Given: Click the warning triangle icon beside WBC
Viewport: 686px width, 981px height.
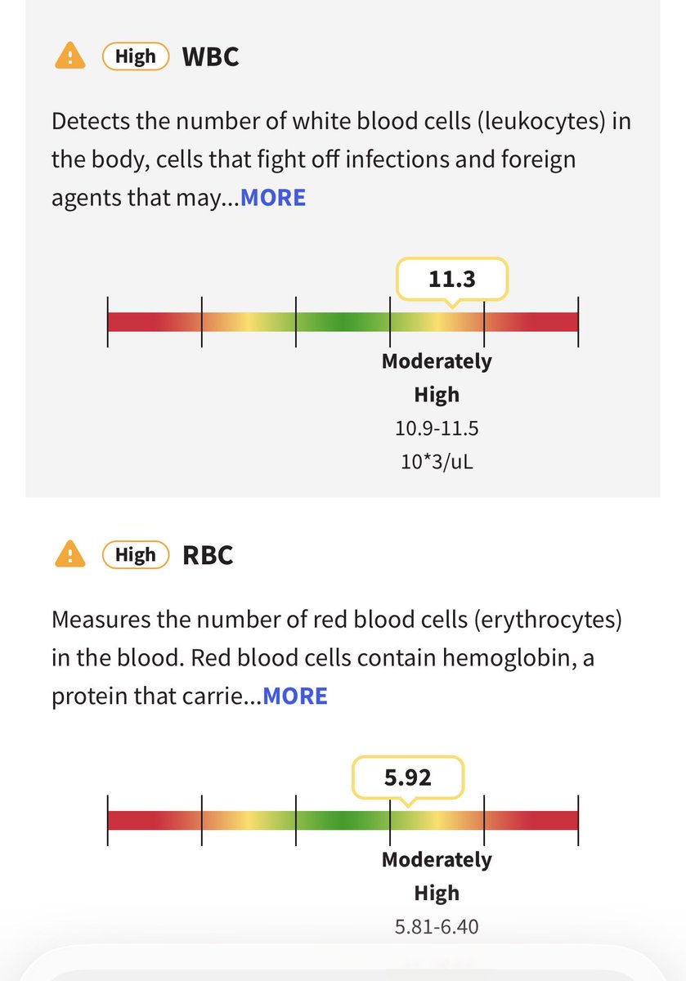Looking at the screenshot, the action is [x=70, y=56].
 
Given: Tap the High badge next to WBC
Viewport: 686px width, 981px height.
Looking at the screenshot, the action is [x=136, y=56].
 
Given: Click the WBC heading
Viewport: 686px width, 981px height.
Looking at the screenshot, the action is [x=210, y=56].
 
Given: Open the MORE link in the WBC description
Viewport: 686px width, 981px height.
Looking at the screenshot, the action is [x=273, y=198].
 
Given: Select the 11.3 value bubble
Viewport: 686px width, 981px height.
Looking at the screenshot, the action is [x=452, y=279].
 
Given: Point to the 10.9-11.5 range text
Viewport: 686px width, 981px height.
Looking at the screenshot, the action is [x=437, y=428].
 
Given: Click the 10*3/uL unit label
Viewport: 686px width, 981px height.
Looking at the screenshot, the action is [x=437, y=462].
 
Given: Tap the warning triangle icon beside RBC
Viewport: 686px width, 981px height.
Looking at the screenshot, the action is [x=70, y=554].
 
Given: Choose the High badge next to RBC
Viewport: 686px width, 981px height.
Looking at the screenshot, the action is [x=136, y=554].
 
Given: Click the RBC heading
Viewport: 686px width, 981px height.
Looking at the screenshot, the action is [x=208, y=555].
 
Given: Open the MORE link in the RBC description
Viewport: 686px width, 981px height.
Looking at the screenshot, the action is [x=295, y=696].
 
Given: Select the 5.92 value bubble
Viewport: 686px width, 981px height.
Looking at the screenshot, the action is [x=408, y=777].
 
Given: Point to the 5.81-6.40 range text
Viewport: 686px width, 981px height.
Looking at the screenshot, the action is [x=437, y=927].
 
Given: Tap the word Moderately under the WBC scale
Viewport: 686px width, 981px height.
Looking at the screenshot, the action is [x=437, y=361].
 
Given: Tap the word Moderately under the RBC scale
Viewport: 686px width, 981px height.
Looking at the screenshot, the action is [x=437, y=860].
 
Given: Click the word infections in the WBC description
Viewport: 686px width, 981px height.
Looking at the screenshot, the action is [x=397, y=159].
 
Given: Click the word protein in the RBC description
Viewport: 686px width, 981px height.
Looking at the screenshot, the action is [x=89, y=697].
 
